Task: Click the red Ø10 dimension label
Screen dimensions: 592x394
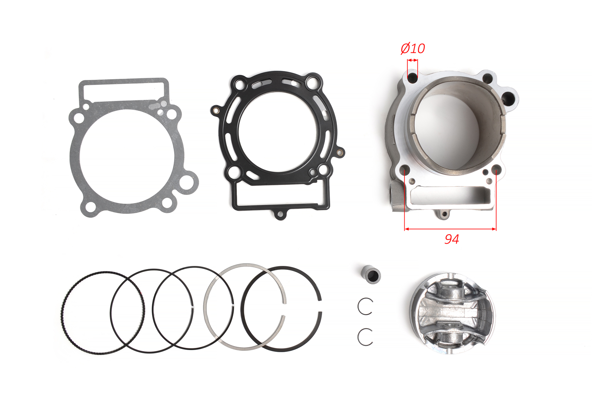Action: (x=413, y=48)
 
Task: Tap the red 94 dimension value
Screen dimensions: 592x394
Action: (x=452, y=239)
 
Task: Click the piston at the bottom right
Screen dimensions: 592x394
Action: (x=452, y=313)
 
